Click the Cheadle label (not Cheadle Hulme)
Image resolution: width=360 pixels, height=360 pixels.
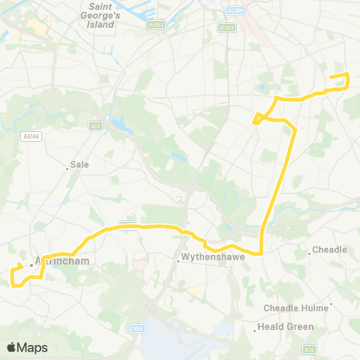coord(329,250)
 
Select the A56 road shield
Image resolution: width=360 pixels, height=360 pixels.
coord(95,126)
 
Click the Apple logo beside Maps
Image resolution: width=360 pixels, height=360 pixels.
coord(11,347)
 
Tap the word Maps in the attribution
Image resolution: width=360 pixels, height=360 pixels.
coord(32,347)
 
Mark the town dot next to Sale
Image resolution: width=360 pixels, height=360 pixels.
coord(67,169)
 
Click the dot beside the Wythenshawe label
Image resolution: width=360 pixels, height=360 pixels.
coord(178,262)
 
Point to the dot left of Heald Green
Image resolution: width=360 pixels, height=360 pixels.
coord(256,327)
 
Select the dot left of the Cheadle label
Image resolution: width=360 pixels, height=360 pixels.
coord(309,253)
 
